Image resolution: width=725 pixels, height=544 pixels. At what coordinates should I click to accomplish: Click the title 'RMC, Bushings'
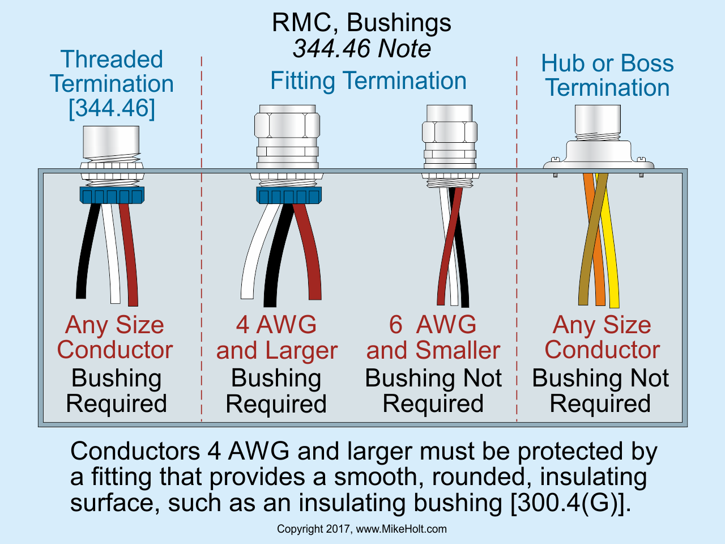coord(361,23)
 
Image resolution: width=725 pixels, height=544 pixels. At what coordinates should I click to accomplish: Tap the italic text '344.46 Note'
coord(361,49)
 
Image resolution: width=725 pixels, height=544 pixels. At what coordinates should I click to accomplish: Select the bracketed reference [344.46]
coord(112,108)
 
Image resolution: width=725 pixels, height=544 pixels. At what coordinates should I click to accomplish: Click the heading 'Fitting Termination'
coord(368,80)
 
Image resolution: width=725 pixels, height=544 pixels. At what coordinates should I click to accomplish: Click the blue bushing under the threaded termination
coord(112,195)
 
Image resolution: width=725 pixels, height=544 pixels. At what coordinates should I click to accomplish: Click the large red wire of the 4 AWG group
coord(309,255)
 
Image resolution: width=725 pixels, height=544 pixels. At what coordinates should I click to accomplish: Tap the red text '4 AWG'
coord(276,325)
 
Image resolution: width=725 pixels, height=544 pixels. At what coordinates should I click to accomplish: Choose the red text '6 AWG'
coord(433,325)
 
